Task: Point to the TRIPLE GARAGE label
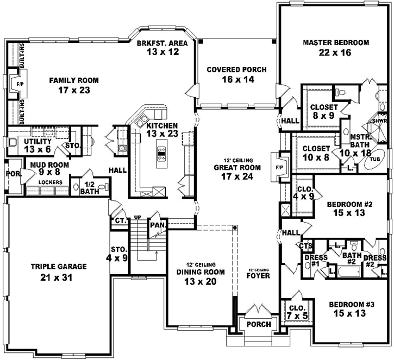click(x=53, y=267)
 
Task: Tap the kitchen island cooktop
click(x=161, y=154)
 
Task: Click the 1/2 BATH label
click(x=89, y=187)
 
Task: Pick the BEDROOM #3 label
click(x=352, y=304)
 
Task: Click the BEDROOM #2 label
click(x=349, y=205)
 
